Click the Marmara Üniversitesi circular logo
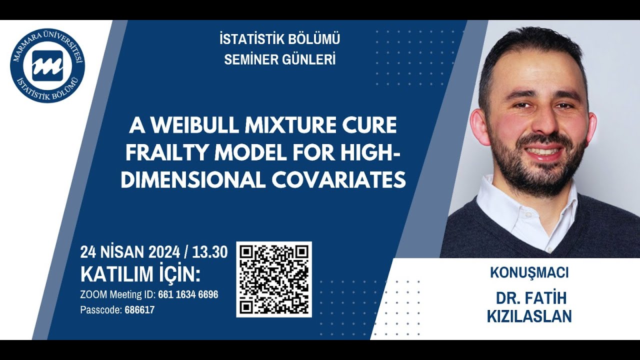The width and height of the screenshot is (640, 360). (x=47, y=65)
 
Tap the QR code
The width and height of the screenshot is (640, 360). (x=274, y=279)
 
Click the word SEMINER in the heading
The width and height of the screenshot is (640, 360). (x=247, y=59)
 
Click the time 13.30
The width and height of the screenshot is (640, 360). (x=210, y=252)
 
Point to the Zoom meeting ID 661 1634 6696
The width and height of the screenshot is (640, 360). (x=188, y=294)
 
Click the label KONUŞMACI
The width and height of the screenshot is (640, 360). (x=529, y=273)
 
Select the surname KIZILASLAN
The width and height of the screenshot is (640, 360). (x=529, y=316)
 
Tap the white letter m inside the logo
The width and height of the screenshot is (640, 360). (x=47, y=65)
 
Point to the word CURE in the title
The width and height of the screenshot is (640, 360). (x=372, y=125)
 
